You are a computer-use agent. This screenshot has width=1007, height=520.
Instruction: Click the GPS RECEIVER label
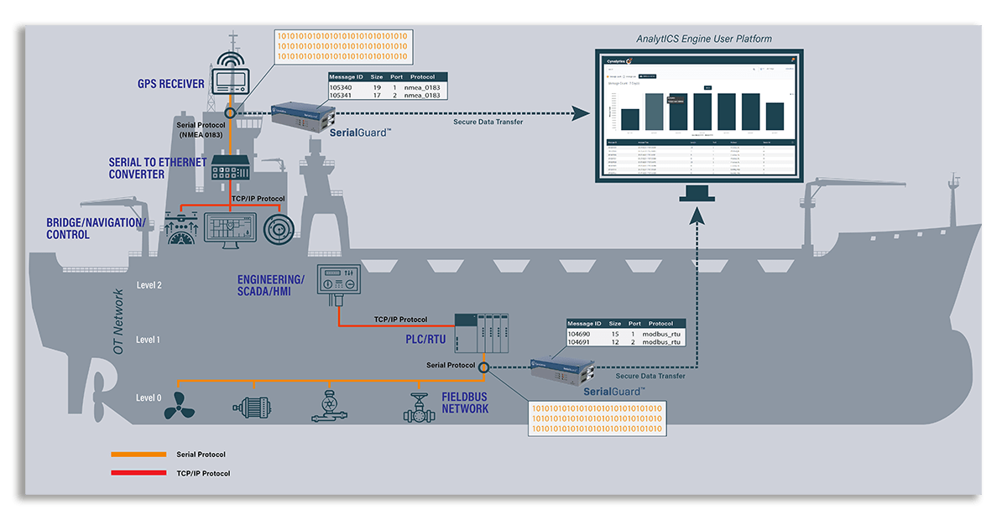pos(171,84)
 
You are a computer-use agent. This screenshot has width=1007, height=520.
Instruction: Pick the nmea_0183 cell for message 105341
pos(421,96)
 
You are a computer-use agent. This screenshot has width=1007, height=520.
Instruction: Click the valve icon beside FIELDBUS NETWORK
pos(417,406)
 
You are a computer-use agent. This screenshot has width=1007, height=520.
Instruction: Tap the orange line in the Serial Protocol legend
pos(138,455)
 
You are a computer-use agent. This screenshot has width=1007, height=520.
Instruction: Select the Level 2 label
pos(149,285)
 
